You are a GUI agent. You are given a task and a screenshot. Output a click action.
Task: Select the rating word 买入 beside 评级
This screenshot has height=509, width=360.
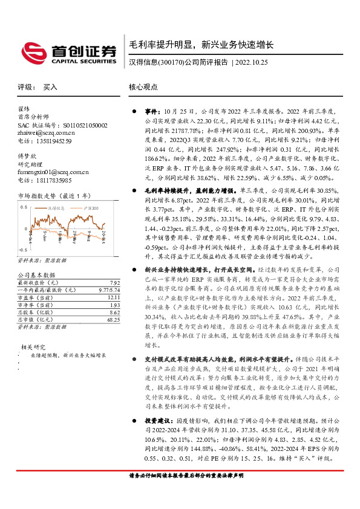(50, 87)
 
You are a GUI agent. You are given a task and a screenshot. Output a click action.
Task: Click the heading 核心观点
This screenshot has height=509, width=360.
(143, 87)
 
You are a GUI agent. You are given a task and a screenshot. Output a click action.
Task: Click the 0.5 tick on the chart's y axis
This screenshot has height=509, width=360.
(24, 207)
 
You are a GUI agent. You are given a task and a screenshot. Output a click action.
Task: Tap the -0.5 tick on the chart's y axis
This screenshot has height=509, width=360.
(22, 249)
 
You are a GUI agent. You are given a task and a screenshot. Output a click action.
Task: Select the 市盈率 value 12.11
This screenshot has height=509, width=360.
(114, 297)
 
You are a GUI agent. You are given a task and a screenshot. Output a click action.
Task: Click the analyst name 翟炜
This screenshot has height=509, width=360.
(24, 108)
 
